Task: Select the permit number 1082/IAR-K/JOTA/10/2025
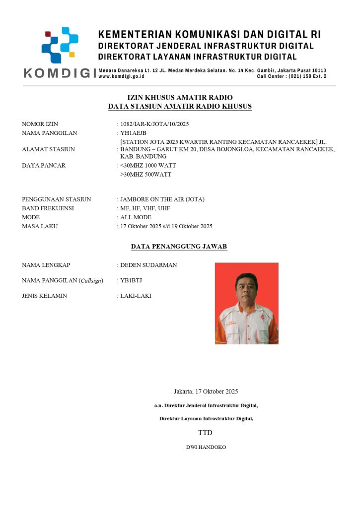155,124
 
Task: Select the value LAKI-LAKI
136,296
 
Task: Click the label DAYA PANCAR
44,165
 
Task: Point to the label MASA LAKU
40,226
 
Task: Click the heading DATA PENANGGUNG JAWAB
179,246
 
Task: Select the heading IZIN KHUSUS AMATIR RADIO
180,98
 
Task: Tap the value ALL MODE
136,217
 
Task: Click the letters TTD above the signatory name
205,433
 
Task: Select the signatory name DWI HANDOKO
206,447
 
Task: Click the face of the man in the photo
247,287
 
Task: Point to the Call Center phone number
291,77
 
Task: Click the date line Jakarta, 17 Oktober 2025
206,391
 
